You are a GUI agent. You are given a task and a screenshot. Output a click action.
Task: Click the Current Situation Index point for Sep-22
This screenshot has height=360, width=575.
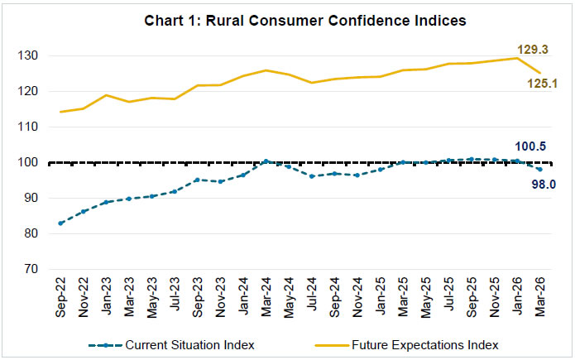(61, 223)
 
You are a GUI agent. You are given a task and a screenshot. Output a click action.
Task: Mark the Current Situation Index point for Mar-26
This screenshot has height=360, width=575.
(540, 170)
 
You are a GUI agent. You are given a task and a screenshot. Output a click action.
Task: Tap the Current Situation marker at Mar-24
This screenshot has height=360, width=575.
(266, 161)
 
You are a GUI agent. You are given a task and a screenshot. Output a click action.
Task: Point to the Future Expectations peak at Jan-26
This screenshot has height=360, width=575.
(517, 58)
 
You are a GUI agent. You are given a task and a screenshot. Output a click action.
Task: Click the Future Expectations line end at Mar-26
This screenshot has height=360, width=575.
(540, 73)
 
